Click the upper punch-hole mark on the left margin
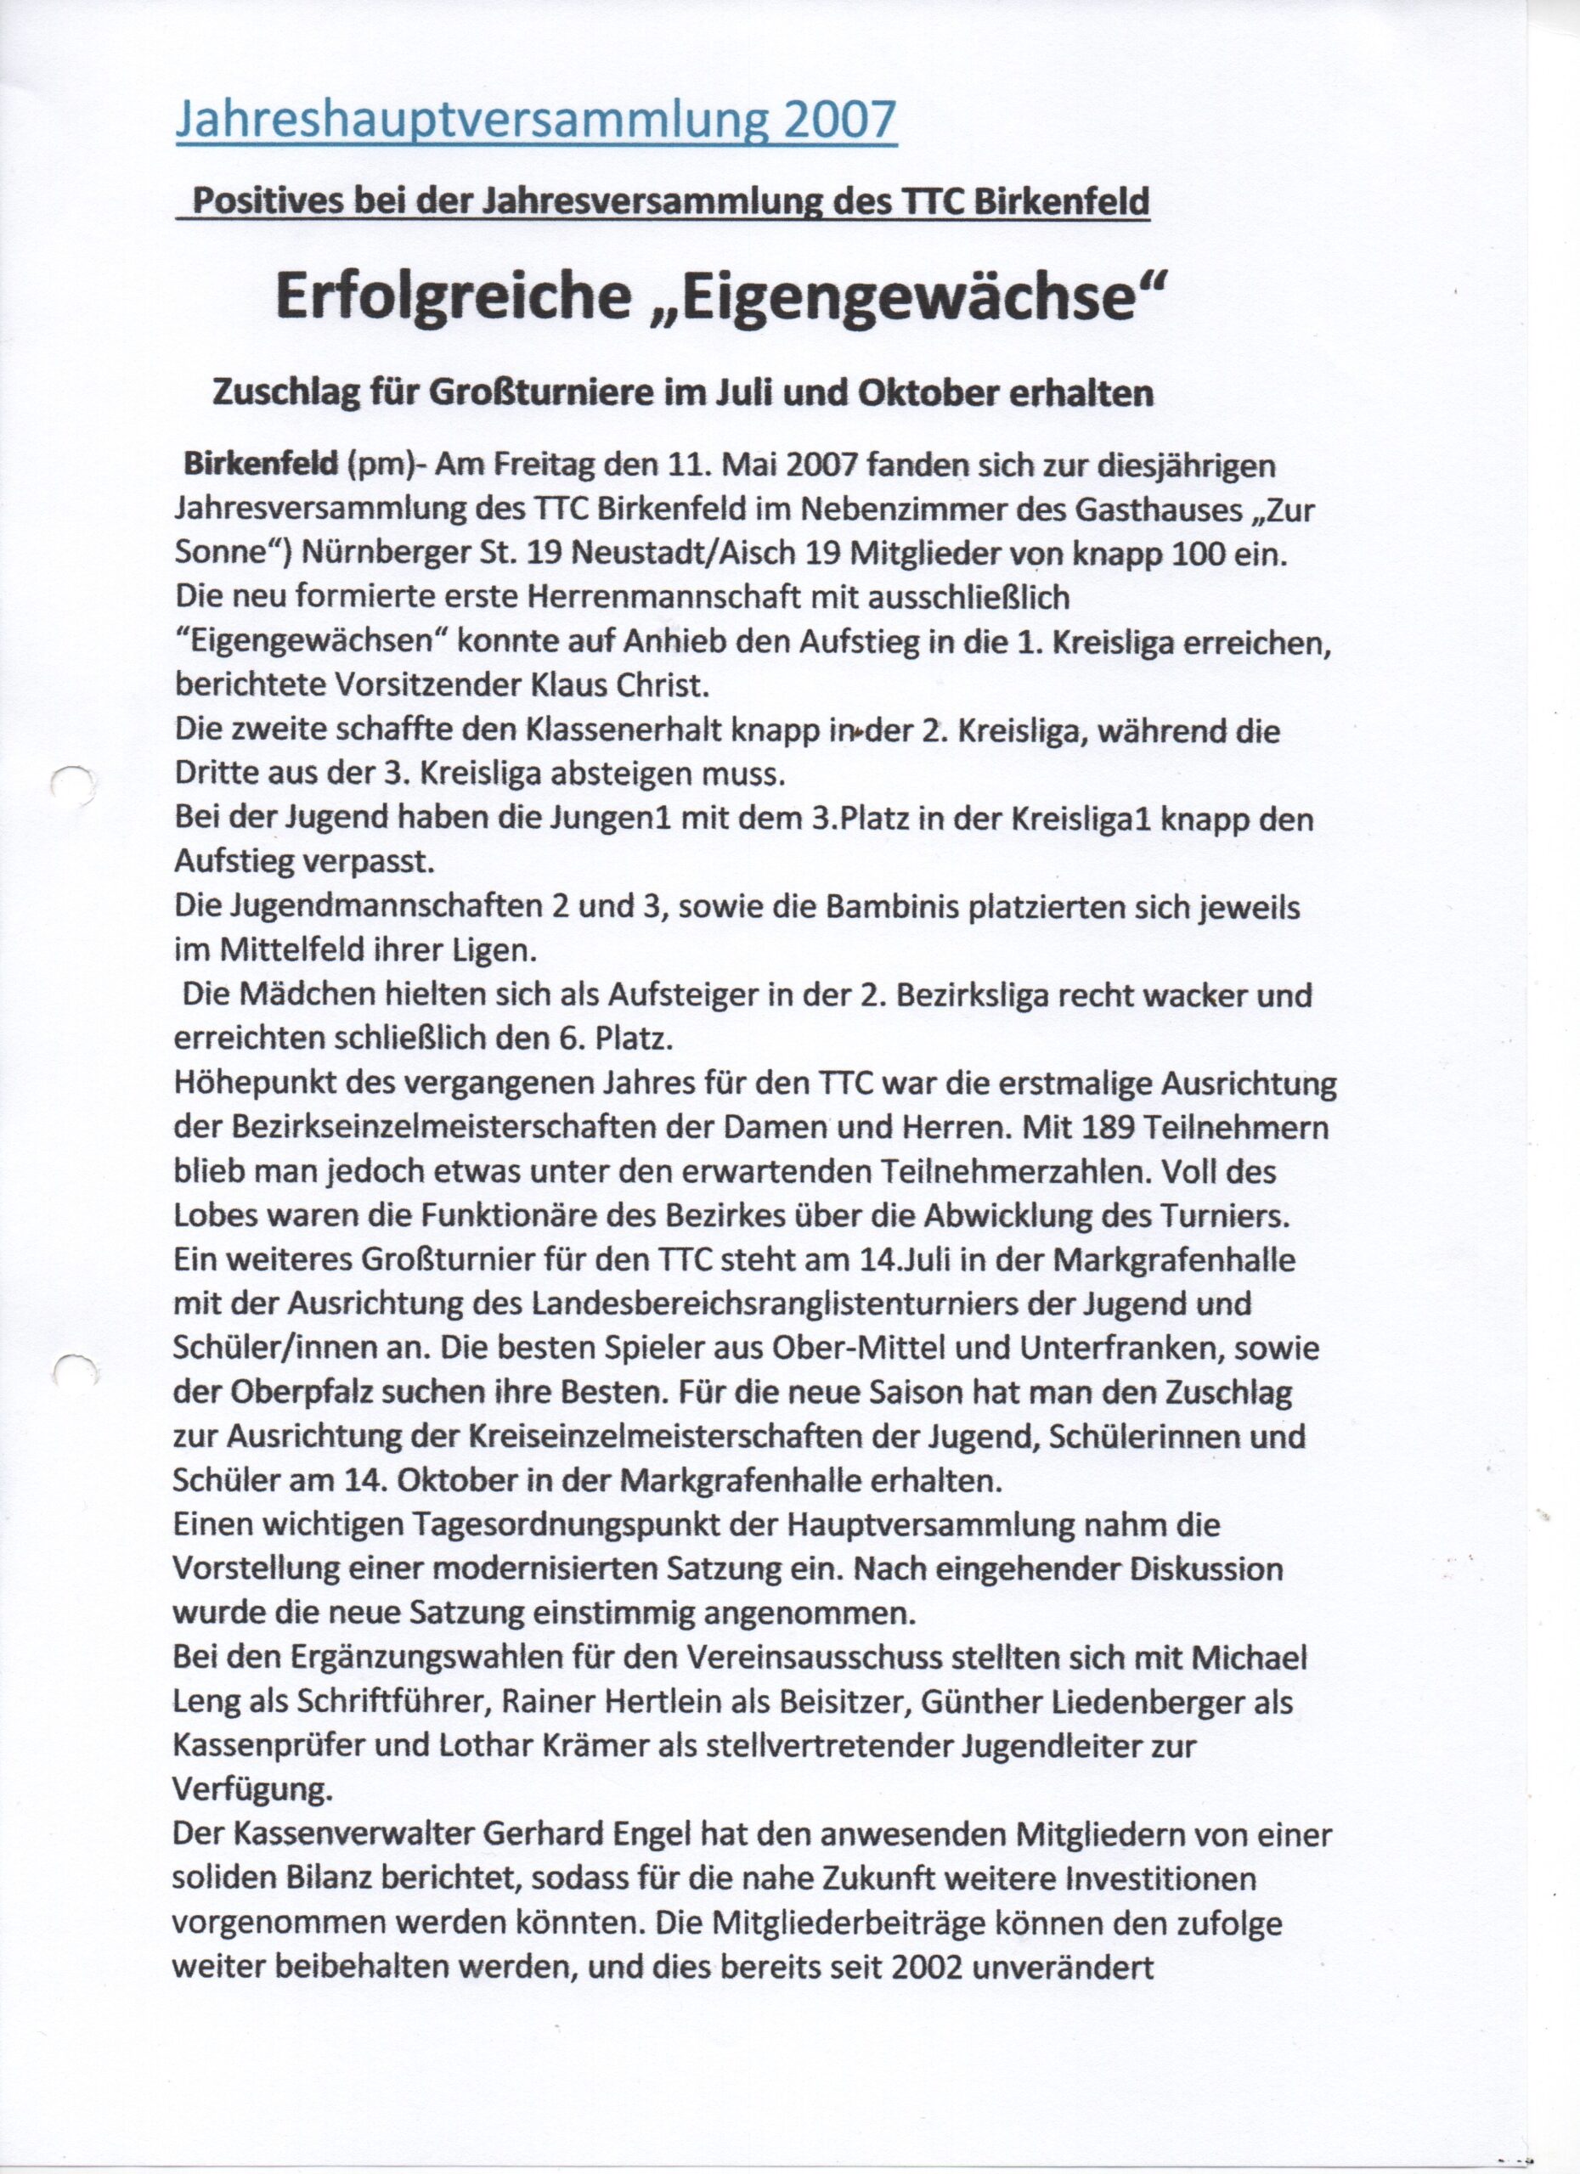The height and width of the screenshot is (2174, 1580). click(72, 785)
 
